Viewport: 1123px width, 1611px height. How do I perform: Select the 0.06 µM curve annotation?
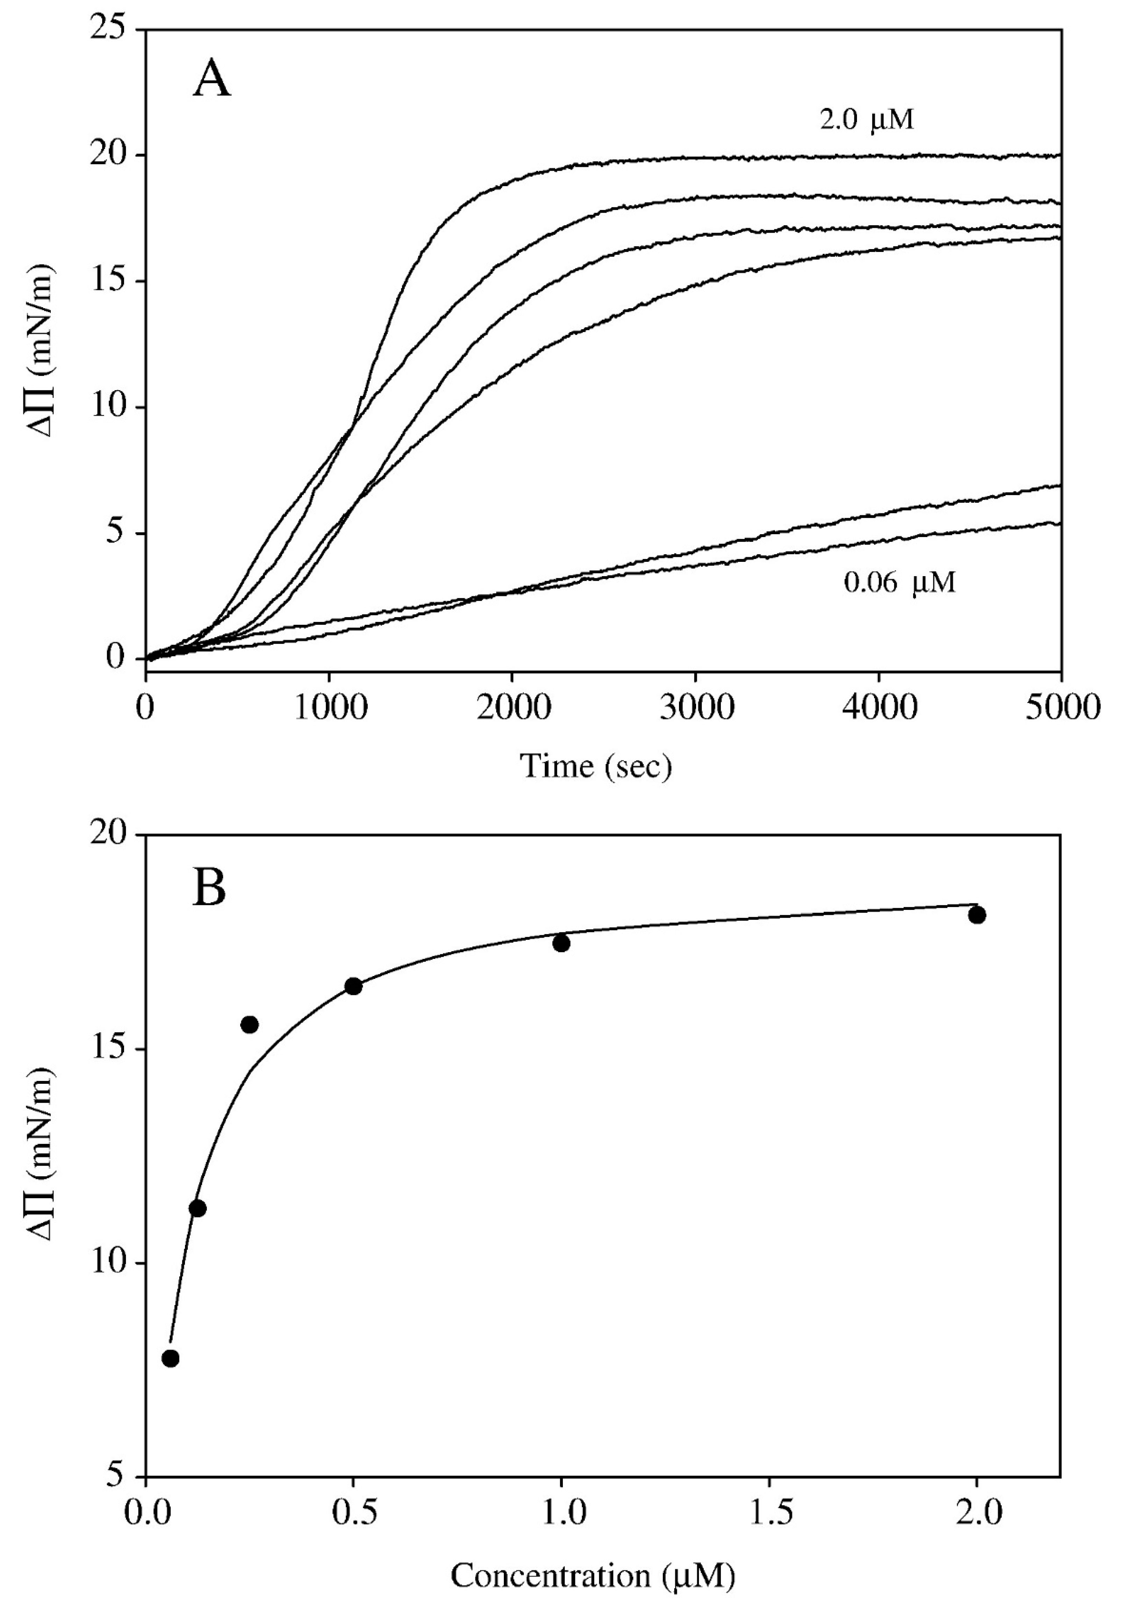pos(899,582)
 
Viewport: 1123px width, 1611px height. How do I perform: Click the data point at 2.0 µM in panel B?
pos(977,915)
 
